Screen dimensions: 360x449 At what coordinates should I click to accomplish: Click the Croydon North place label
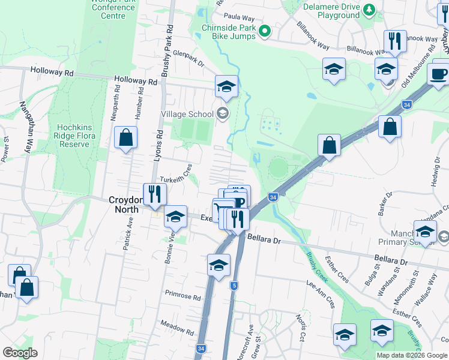click(x=124, y=205)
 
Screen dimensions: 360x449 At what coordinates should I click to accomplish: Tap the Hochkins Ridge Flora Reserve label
click(x=74, y=136)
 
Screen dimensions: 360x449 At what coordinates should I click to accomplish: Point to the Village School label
click(x=187, y=114)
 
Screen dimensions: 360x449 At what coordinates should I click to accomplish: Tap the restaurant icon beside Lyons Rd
click(x=155, y=194)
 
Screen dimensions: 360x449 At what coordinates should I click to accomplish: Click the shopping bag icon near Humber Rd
click(x=125, y=137)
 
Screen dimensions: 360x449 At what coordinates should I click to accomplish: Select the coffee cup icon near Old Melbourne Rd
click(x=439, y=74)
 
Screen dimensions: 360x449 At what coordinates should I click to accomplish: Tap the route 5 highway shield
click(x=234, y=286)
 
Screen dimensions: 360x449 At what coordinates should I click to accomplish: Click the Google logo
click(x=20, y=353)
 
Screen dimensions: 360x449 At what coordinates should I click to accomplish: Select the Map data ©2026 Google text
click(x=412, y=355)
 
